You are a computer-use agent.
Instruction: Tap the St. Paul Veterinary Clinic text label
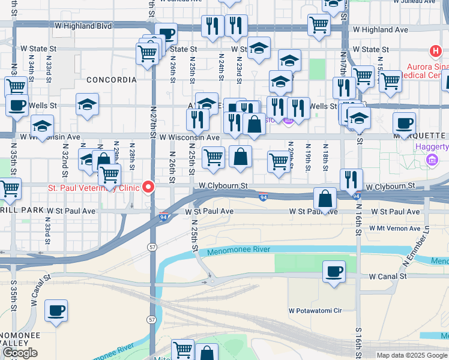(x=94, y=188)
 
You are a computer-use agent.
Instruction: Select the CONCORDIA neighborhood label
(x=111, y=79)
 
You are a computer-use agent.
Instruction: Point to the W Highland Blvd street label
(x=83, y=26)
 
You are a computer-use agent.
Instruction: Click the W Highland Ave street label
(x=380, y=29)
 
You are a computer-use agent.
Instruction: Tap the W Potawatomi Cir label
(x=315, y=311)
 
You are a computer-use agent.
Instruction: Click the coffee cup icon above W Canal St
(x=333, y=271)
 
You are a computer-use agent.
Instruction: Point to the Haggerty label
(x=432, y=147)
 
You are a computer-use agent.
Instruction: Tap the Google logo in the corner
(x=20, y=353)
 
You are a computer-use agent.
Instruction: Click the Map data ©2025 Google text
(x=412, y=355)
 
